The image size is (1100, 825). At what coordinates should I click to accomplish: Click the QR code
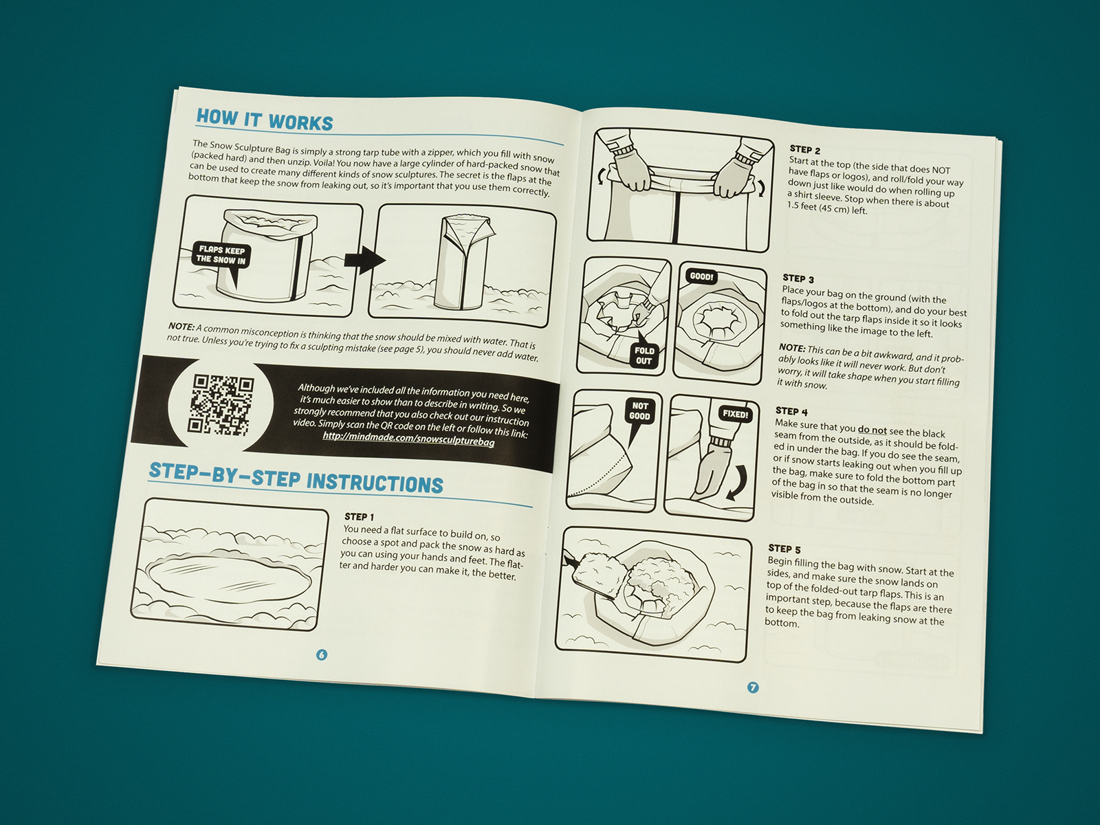tap(223, 404)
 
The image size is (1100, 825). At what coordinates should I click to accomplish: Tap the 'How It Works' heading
tap(265, 121)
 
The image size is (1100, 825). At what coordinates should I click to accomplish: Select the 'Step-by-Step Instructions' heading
tap(296, 478)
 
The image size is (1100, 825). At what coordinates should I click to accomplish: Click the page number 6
tap(322, 654)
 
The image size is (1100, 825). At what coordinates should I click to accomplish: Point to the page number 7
tap(753, 687)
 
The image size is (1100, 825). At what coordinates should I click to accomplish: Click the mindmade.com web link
tap(408, 439)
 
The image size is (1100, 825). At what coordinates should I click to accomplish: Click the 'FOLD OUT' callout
tap(643, 353)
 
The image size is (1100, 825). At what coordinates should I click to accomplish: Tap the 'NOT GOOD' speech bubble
tap(639, 413)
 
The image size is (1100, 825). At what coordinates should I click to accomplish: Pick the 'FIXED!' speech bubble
tap(735, 415)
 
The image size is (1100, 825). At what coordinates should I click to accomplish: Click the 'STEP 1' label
tap(360, 516)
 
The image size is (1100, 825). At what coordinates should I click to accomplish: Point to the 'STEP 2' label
tap(805, 149)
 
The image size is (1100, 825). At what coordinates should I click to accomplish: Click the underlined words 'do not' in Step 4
tap(872, 430)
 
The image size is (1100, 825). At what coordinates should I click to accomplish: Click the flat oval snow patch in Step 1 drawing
tap(232, 579)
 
